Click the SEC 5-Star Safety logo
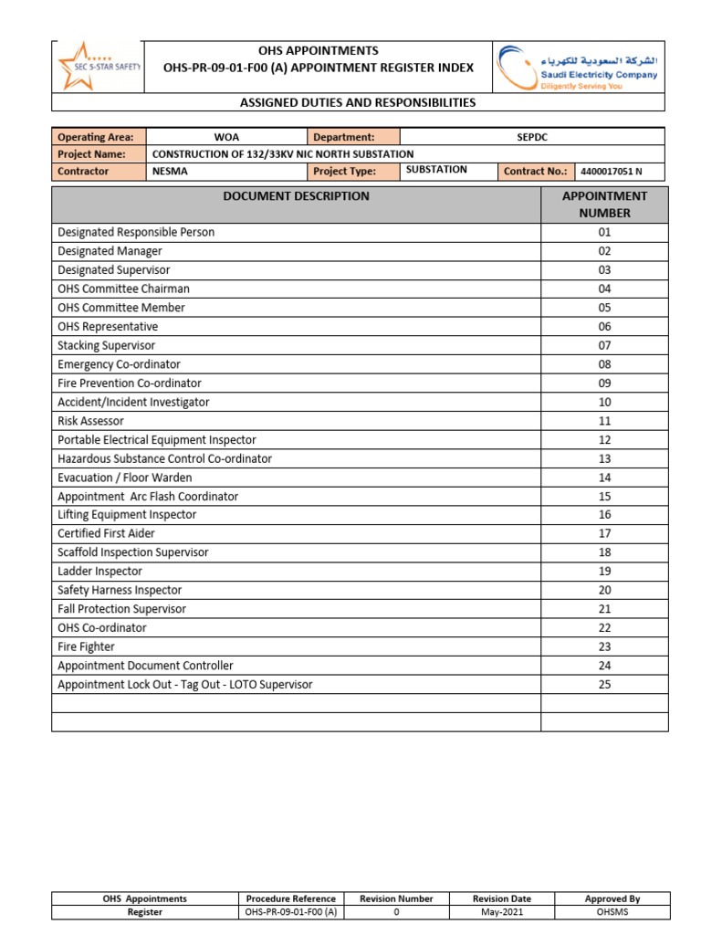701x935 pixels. (98, 66)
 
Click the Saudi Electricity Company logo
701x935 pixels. (579, 67)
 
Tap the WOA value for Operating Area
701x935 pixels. (226, 137)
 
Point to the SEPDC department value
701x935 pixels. (531, 137)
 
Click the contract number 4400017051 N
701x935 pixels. (611, 171)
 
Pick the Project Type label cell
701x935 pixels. (344, 171)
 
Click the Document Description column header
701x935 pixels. (296, 196)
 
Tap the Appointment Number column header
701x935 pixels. (604, 205)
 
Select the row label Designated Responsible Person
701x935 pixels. (136, 232)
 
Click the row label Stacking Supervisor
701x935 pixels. (106, 345)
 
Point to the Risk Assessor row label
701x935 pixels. (90, 421)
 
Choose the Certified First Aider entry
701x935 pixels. (106, 533)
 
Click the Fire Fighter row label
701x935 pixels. (86, 646)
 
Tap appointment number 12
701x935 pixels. (604, 440)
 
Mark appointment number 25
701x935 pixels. (604, 684)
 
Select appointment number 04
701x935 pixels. (604, 289)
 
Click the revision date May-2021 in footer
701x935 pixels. (501, 912)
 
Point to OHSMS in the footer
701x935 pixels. (612, 912)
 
